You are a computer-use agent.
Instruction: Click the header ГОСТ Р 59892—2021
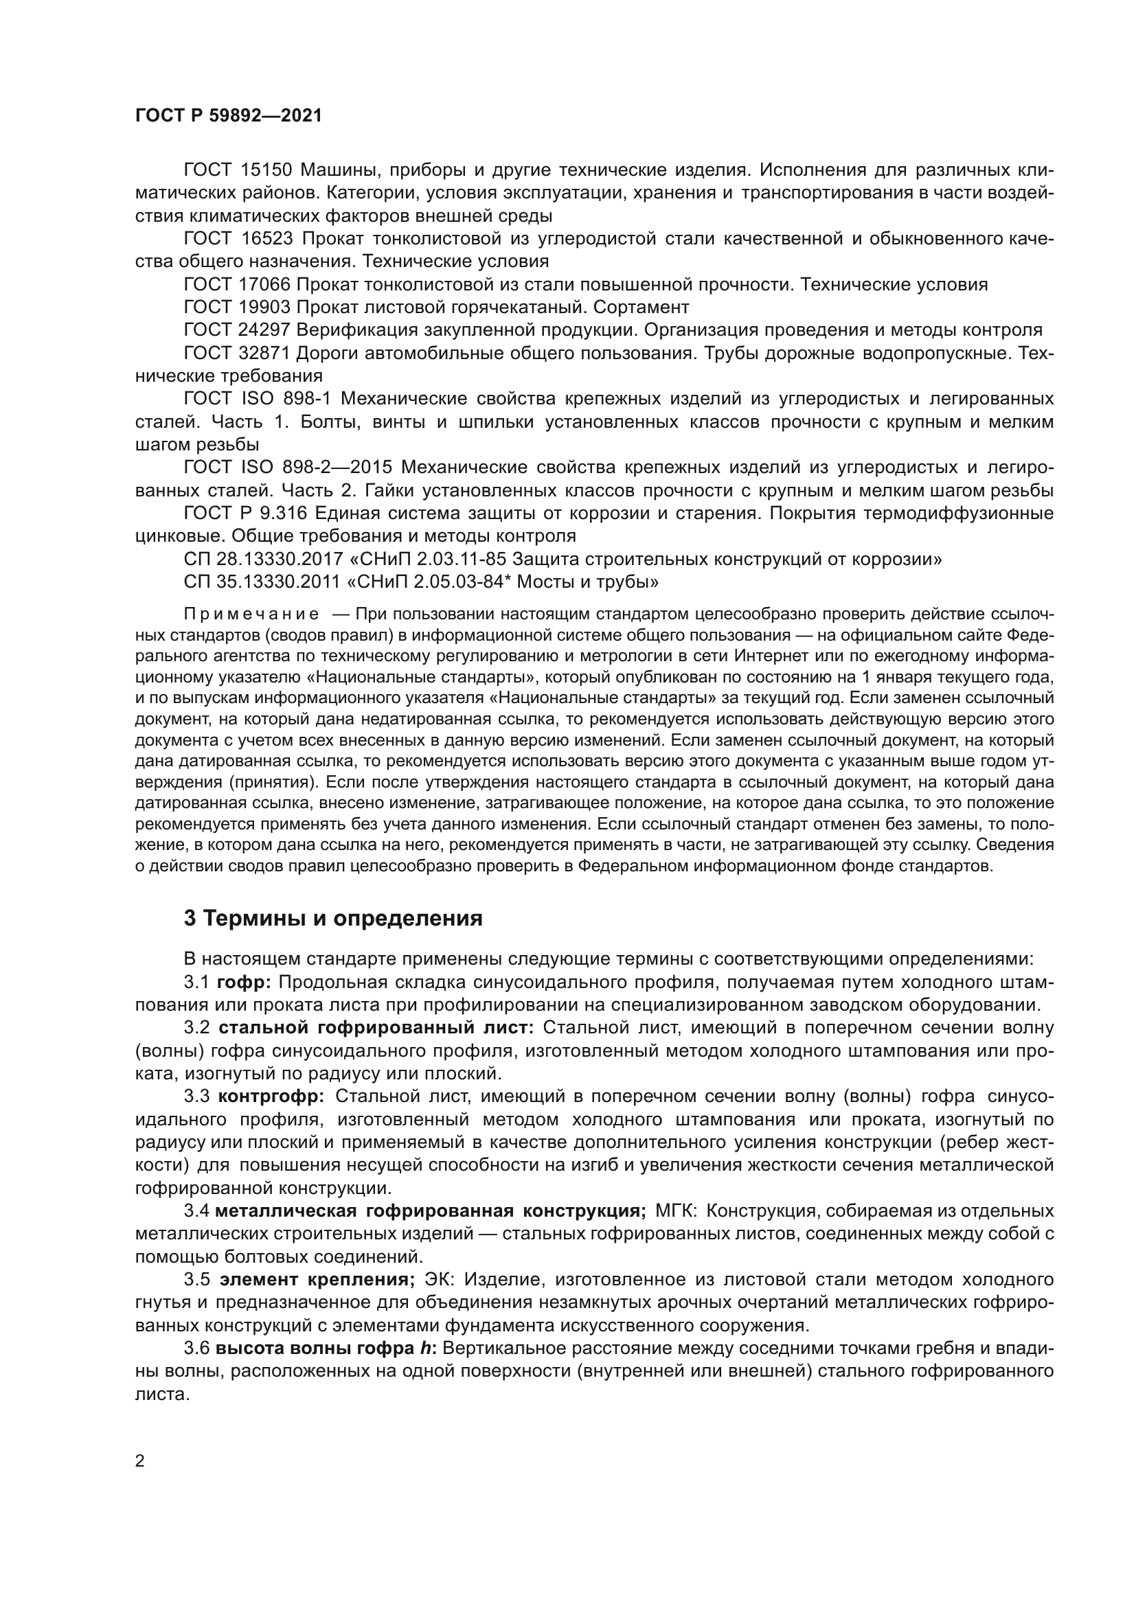click(229, 116)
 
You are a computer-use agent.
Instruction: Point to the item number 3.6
click(196, 1349)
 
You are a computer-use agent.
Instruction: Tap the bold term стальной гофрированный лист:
click(376, 1029)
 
